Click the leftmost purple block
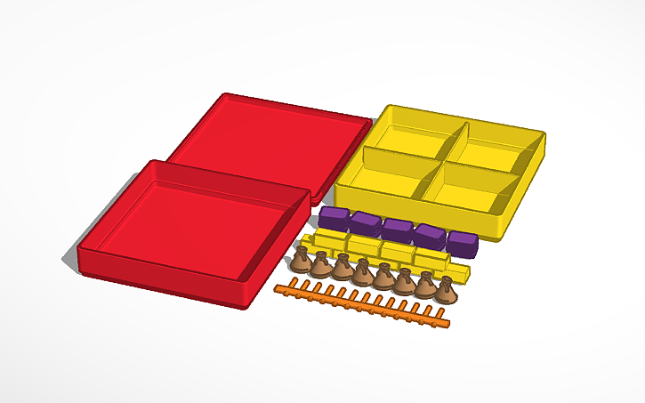334,218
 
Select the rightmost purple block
463,243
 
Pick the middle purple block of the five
397,230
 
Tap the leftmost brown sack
302,262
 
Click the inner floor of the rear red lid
267,138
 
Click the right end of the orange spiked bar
449,324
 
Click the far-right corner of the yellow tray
544,137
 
